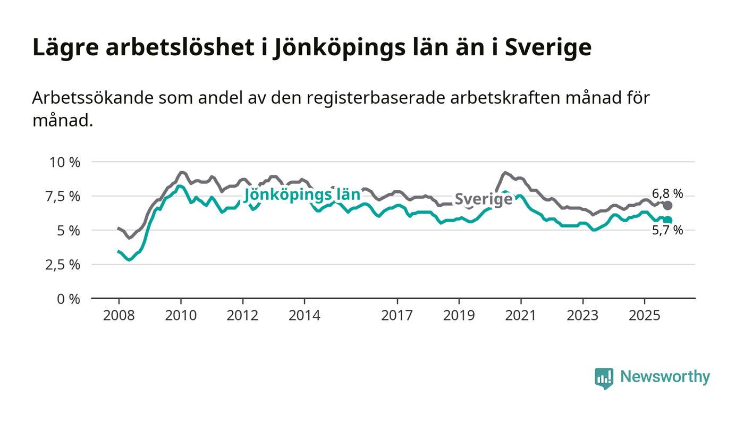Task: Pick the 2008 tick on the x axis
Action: (119, 315)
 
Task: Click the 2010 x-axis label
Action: (181, 315)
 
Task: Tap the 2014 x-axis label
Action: (305, 315)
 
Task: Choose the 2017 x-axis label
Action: (397, 315)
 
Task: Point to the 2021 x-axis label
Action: (520, 315)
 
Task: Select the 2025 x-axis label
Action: (644, 315)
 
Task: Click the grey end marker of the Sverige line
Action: (668, 205)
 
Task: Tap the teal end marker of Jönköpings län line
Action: (668, 220)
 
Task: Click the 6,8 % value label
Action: (667, 193)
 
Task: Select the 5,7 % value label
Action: (667, 231)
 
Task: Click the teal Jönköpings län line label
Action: (302, 195)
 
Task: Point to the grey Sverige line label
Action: (484, 199)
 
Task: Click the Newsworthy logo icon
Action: (604, 378)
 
